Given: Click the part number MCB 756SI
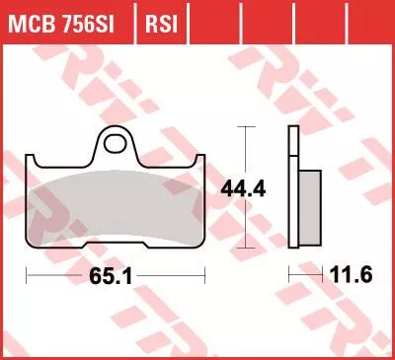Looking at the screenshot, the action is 61,24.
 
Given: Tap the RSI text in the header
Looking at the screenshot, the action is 161,24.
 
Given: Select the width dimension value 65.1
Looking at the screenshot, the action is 111,275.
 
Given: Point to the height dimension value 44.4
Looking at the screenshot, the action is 243,189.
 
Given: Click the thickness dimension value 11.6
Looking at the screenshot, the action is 351,274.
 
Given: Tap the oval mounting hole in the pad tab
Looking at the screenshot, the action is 115,144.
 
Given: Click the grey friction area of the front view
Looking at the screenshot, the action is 116,207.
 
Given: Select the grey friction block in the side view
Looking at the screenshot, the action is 309,208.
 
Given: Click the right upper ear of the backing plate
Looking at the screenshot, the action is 199,161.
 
